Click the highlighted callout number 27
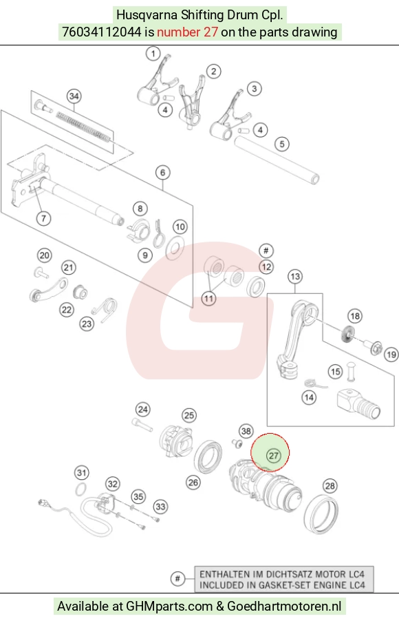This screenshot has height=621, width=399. pos(274,456)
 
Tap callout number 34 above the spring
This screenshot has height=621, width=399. pos(74,96)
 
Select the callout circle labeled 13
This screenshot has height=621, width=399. pos(295,276)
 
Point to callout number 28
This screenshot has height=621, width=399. pos(330,485)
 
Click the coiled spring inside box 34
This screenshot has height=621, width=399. pos(83,127)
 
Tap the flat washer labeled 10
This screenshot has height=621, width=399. pos(175,248)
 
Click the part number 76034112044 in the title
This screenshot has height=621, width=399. pos(101,32)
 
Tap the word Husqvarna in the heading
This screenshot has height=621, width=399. pos(147,15)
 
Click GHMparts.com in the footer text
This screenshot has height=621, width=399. pos(169,607)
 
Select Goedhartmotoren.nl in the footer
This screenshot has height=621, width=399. pos(284,607)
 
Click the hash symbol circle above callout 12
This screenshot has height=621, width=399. pos(266,251)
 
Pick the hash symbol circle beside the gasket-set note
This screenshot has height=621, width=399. pos(177,578)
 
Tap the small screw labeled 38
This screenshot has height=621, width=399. pos(237,443)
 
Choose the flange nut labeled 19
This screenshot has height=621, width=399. pos(376,348)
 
